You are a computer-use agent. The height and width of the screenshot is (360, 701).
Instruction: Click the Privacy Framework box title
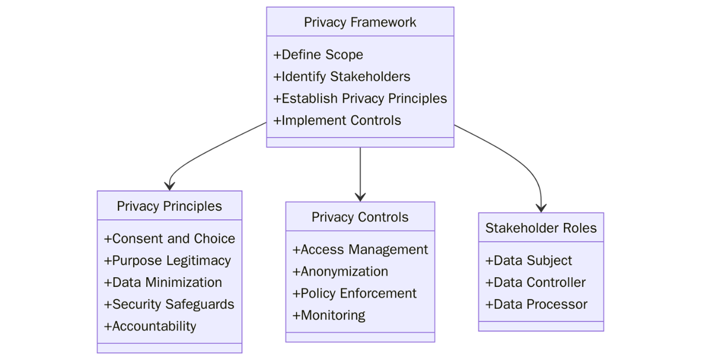pos(360,22)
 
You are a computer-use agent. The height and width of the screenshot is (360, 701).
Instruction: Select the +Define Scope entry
pos(318,55)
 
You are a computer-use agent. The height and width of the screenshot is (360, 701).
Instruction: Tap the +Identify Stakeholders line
pos(342,77)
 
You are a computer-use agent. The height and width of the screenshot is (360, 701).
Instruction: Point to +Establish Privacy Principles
pos(360,99)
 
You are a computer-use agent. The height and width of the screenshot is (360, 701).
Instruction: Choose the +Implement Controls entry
pos(337,121)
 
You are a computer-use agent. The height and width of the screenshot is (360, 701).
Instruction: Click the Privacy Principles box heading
pos(169,206)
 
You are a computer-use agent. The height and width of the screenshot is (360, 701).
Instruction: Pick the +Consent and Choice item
pos(169,239)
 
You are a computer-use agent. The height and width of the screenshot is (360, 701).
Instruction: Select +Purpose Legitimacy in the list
pos(167,261)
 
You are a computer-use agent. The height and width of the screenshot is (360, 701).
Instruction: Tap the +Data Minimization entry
pos(163,283)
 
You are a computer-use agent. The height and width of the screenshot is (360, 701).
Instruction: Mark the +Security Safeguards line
pos(169,305)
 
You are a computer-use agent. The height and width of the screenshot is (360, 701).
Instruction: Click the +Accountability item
pos(150,326)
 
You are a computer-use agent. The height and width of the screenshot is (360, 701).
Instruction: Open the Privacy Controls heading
pos(360,218)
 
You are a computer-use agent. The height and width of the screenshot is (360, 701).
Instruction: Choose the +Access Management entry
pos(360,250)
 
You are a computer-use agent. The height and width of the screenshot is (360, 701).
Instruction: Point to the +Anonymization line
pos(340,272)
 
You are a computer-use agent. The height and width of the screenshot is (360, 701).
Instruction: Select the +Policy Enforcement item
pos(354,293)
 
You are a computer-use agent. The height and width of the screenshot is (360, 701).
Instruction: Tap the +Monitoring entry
pos(328,315)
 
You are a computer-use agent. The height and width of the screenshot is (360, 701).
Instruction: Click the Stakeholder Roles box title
pos(541,228)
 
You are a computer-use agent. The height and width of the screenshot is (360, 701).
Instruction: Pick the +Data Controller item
pos(535,283)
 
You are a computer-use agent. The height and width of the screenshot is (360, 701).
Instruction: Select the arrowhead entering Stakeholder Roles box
pos(541,207)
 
